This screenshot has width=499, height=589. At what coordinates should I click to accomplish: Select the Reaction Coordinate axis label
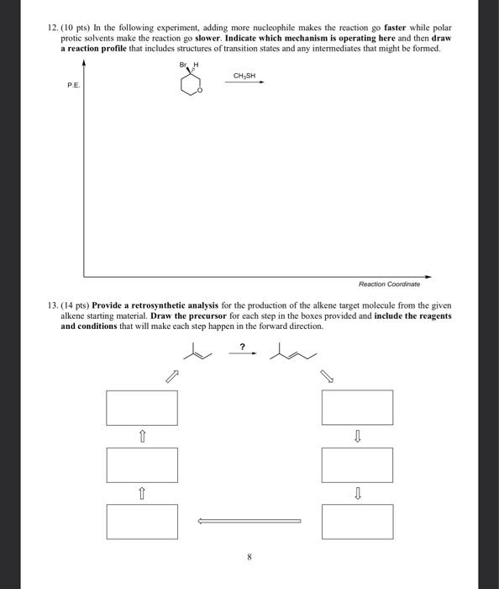point(389,284)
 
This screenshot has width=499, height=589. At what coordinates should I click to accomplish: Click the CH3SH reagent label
point(244,75)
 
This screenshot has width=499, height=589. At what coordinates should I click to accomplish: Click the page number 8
point(249,556)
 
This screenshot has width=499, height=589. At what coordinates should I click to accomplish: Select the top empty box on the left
point(142,407)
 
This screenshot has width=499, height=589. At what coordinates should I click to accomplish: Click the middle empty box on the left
point(142,464)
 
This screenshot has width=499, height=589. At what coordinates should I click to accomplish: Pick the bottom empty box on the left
point(142,522)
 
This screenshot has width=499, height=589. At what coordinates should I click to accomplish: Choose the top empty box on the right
point(357,407)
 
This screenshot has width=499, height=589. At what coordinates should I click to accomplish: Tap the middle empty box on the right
point(357,464)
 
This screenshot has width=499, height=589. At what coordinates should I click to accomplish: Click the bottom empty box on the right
point(357,522)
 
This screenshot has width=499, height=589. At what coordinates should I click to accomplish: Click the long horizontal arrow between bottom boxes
point(249,521)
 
